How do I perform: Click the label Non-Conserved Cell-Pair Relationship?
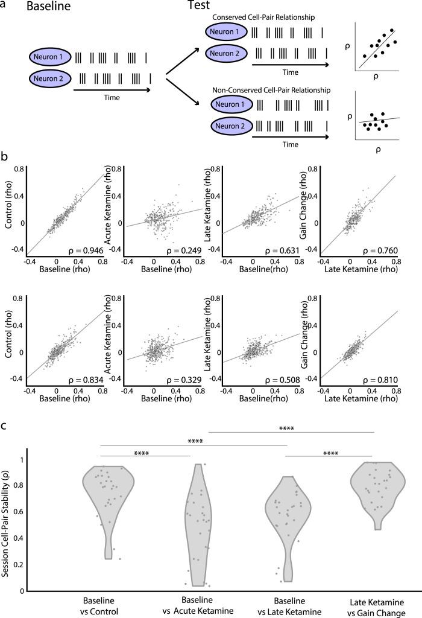click(x=271, y=90)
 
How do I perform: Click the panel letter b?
click(x=5, y=156)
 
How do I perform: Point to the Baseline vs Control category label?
click(x=100, y=606)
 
